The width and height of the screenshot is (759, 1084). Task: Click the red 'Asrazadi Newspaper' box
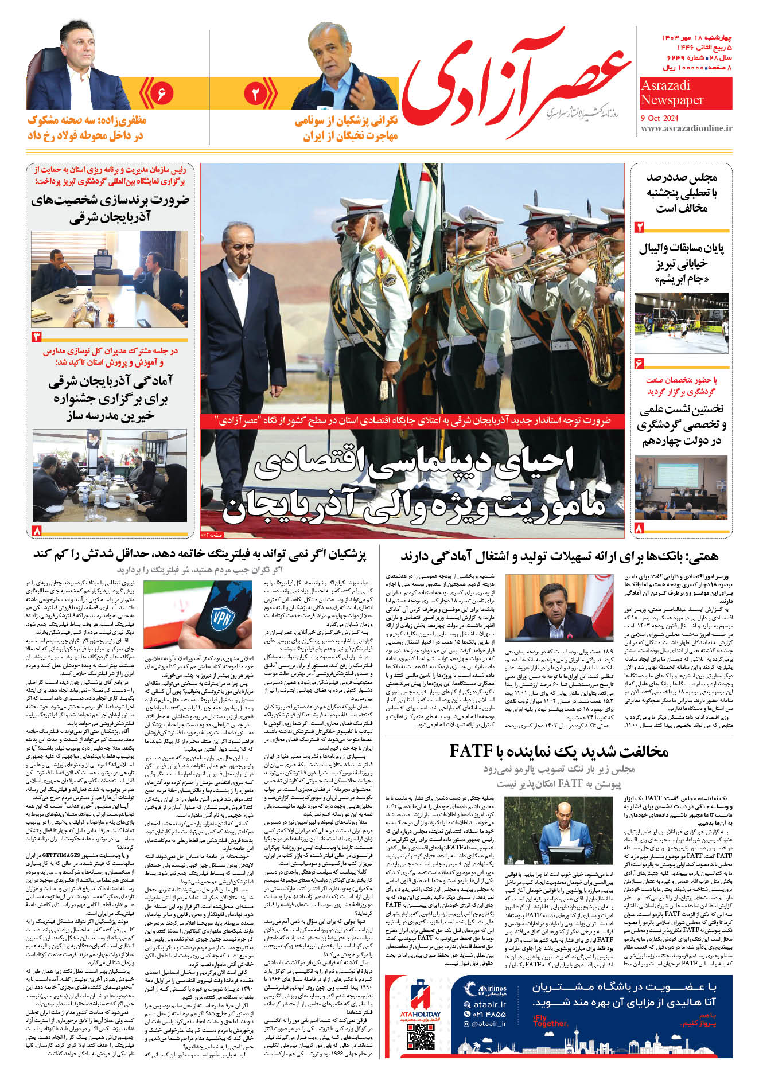click(x=686, y=93)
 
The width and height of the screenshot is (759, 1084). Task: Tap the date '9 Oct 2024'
click(x=659, y=118)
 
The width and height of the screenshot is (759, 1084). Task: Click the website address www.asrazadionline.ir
click(x=686, y=128)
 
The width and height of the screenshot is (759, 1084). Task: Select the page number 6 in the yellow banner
click(x=161, y=93)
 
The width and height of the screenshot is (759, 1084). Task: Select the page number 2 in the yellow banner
click(x=256, y=93)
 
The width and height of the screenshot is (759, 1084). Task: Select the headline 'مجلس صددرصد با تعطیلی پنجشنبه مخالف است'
click(x=682, y=193)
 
